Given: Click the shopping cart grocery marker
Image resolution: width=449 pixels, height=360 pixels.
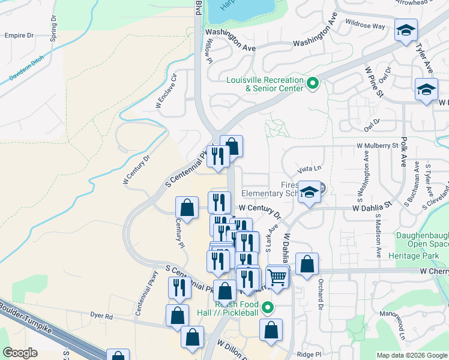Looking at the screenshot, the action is (x=277, y=277).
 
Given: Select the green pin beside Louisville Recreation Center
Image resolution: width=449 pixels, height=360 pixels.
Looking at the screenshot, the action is (x=312, y=83).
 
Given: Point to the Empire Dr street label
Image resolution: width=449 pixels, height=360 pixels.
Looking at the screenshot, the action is (x=19, y=35).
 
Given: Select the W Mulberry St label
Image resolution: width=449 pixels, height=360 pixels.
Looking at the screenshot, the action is (x=378, y=145).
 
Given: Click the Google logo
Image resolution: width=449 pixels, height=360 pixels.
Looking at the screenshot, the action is (x=20, y=353).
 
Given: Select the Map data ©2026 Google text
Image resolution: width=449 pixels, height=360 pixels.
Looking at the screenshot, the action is (x=411, y=355).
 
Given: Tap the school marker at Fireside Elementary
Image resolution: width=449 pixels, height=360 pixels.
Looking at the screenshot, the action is (x=310, y=192).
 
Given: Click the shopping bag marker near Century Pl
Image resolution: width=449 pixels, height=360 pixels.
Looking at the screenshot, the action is (x=187, y=208).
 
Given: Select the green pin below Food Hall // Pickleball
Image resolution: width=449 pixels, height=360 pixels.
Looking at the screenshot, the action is (x=269, y=308).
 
